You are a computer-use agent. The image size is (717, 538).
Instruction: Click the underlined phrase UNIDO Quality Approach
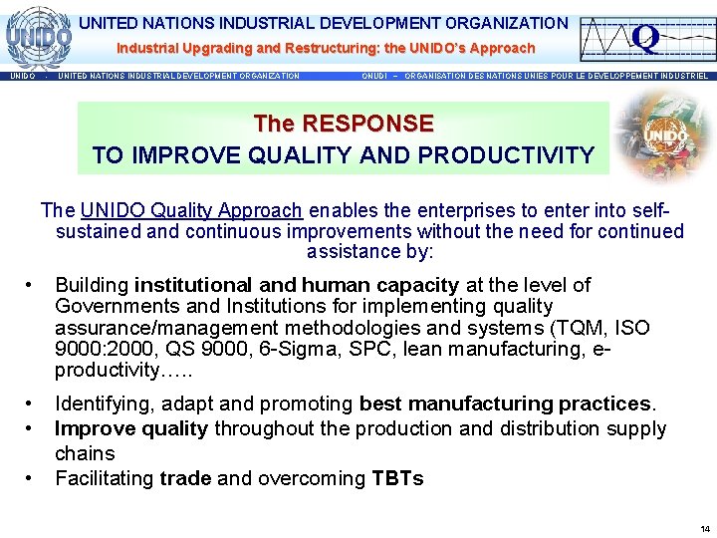191,210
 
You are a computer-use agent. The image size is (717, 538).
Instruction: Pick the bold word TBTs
397,478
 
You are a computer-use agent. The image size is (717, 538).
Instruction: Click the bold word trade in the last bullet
185,478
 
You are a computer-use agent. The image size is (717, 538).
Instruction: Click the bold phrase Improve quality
131,428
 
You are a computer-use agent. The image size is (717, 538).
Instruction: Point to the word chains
86,453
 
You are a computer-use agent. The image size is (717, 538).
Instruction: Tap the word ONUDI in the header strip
377,76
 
